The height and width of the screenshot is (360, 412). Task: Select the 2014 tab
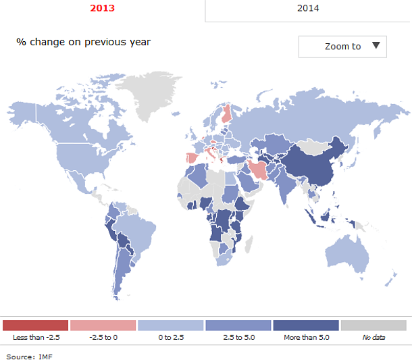coord(308,9)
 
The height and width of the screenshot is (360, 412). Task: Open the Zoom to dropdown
coord(342,47)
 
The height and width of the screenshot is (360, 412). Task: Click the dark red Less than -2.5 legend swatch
coord(36,326)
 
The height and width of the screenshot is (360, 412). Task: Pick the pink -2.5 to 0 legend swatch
coord(103,326)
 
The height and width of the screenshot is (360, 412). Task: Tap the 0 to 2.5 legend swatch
coord(170,326)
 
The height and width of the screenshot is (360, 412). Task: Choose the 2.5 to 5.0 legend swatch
coord(238,326)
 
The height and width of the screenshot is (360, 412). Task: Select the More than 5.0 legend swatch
coord(305,326)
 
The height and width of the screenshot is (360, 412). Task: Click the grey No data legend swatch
coord(374,326)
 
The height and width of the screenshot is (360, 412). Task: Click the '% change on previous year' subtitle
coord(84,42)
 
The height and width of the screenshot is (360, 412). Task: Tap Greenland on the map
coord(152,95)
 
